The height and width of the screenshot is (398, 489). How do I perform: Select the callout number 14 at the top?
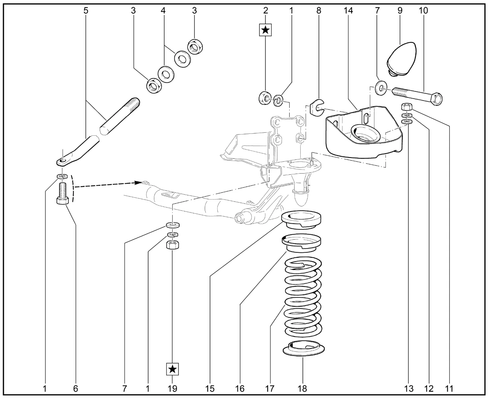[348, 11]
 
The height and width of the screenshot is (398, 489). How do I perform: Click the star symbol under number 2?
[266, 30]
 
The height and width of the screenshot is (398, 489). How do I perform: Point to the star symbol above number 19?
[172, 369]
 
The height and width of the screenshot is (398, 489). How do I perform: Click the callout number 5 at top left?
[86, 11]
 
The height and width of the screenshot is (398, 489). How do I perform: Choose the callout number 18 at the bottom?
[302, 389]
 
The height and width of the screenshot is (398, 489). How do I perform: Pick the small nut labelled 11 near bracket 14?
[406, 107]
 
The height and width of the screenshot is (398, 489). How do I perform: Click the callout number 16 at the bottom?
[240, 389]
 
